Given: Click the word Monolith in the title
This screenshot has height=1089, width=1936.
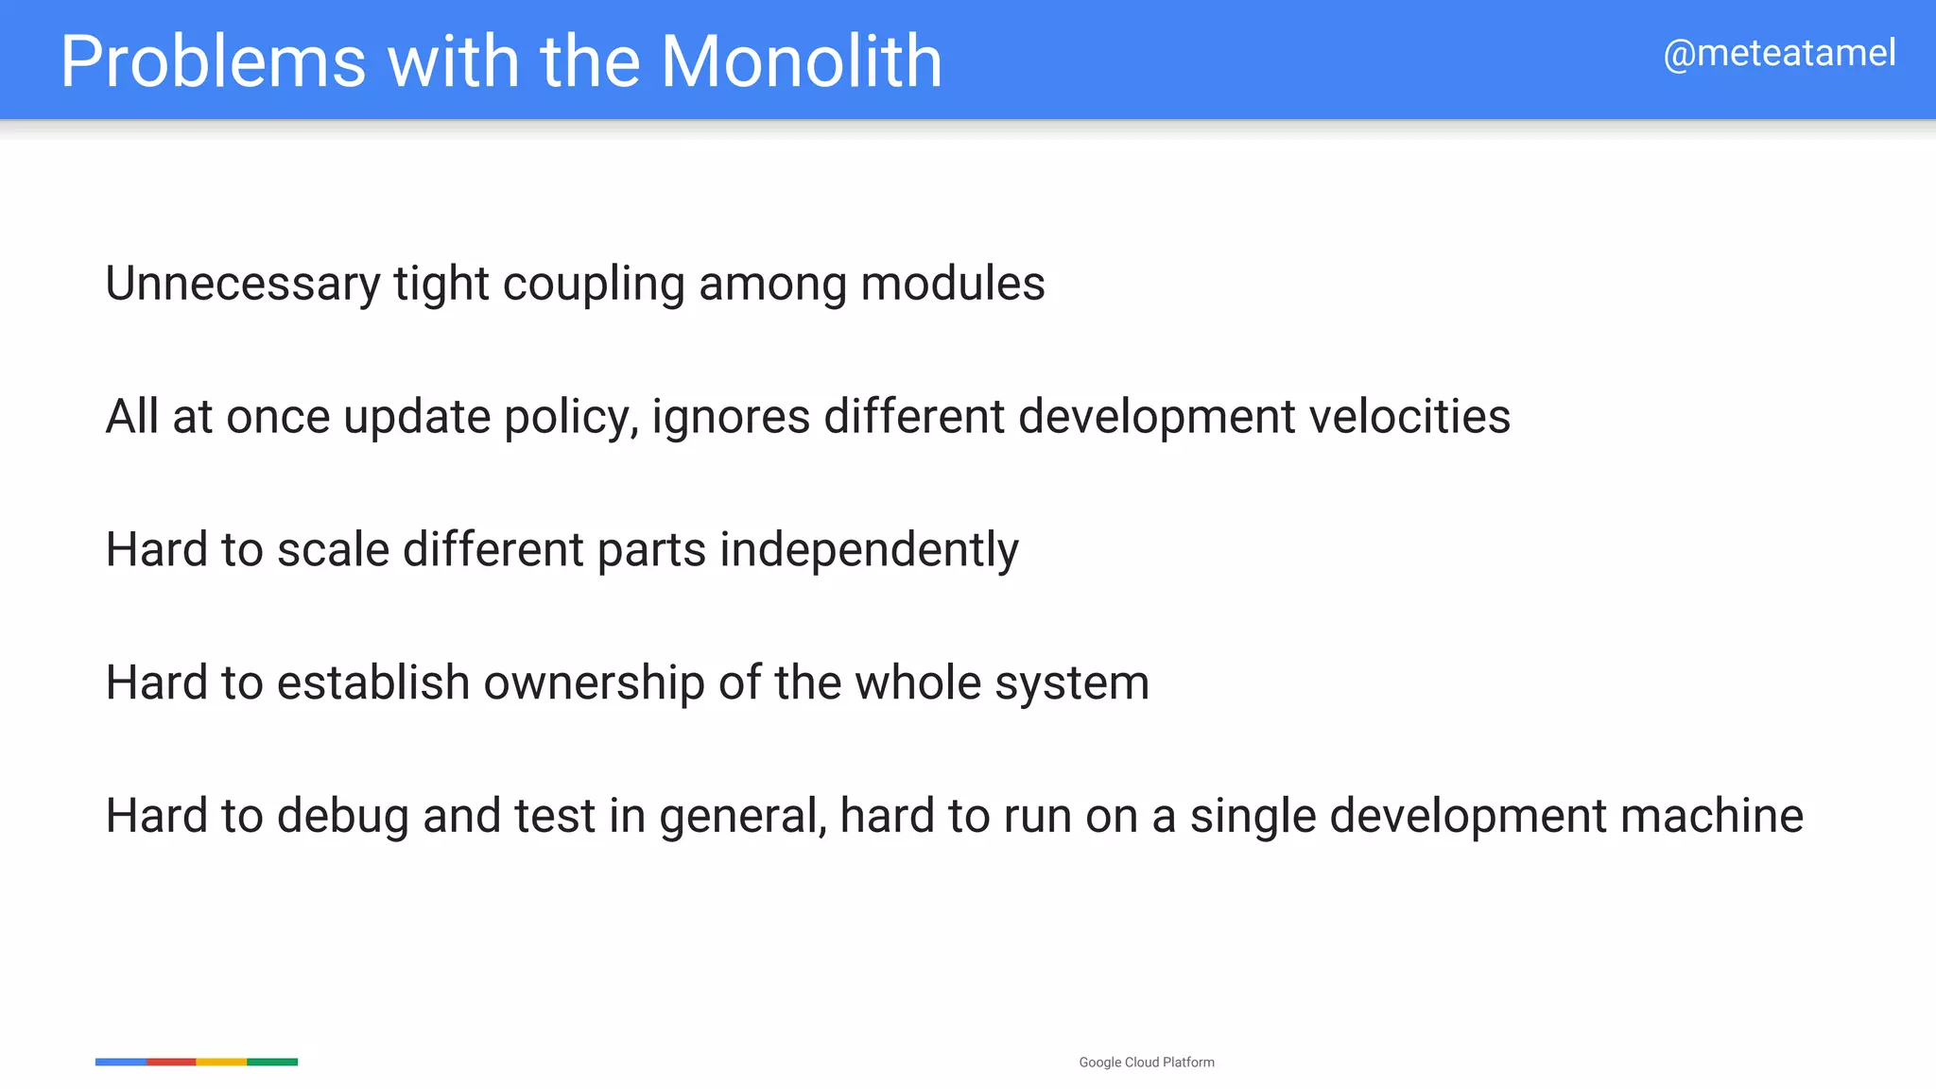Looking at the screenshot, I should (x=802, y=61).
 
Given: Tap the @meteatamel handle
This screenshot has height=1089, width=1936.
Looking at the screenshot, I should (x=1779, y=54).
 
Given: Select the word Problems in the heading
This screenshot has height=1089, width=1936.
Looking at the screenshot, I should (x=213, y=61).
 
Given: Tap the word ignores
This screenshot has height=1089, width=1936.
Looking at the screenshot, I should (x=731, y=418).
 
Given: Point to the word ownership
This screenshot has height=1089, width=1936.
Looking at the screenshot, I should (x=594, y=683).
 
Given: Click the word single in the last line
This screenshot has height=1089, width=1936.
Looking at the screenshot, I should (x=1253, y=817).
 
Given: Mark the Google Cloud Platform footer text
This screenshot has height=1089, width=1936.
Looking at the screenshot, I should (x=1147, y=1063).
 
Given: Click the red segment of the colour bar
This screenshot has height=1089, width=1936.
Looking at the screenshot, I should (x=171, y=1063).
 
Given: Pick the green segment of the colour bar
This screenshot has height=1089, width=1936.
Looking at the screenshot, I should (x=272, y=1063).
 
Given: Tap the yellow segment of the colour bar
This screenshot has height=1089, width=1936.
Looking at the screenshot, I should (x=221, y=1063).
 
